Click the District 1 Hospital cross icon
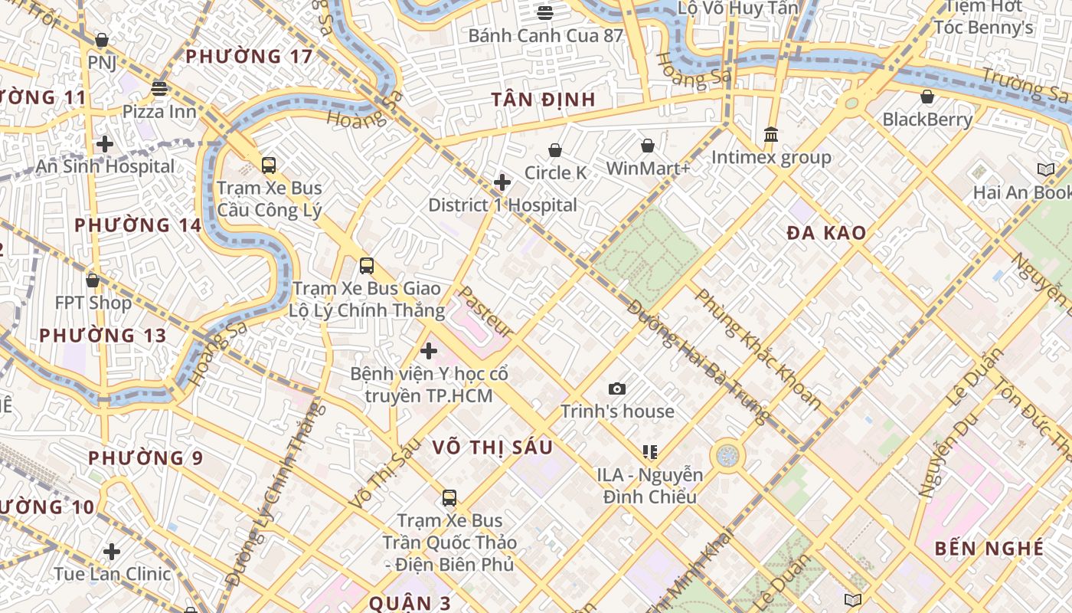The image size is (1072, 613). click(502, 182)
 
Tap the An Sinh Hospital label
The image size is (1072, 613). click(105, 166)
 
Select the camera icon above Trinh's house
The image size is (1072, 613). click(617, 389)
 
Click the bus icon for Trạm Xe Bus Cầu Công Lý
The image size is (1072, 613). click(269, 165)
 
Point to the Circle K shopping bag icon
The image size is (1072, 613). click(555, 150)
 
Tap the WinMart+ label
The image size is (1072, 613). click(648, 168)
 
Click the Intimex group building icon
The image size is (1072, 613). click(771, 135)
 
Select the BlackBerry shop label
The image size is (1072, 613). click(927, 120)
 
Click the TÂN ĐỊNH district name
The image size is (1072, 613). click(543, 100)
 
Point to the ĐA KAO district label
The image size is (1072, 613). click(826, 234)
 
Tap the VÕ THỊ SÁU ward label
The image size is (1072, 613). click(492, 447)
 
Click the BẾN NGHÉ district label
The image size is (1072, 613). click(989, 549)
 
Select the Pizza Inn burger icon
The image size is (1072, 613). click(159, 88)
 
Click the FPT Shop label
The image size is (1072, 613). click(93, 303)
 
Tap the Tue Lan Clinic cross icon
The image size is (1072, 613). click(112, 552)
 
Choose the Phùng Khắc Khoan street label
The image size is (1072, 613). click(757, 349)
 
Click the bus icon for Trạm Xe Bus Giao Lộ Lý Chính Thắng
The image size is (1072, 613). click(367, 266)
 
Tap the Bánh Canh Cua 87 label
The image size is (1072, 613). click(545, 35)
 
